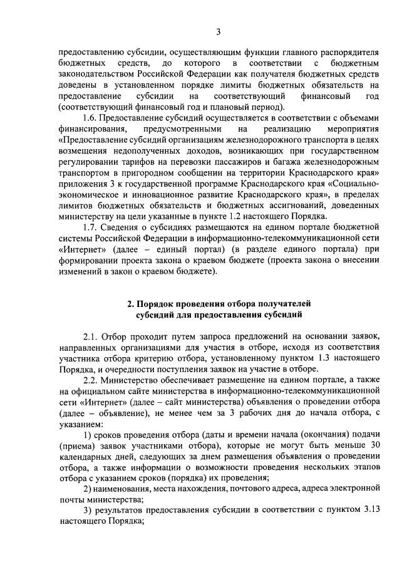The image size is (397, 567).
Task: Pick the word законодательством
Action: (x=97, y=75)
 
